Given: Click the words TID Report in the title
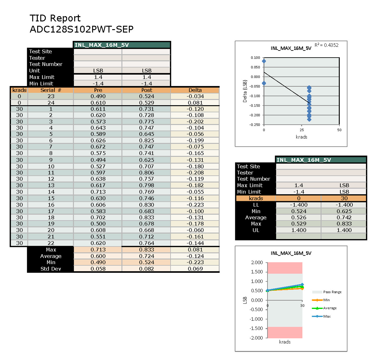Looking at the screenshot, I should pyautogui.click(x=55, y=18).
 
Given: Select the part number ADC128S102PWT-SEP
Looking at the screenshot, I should pyautogui.click(x=82, y=29).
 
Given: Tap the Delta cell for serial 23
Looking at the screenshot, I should pyautogui.click(x=195, y=96).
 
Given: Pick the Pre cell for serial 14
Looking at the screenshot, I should pyautogui.click(x=98, y=192).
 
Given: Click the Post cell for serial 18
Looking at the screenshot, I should pyautogui.click(x=147, y=217).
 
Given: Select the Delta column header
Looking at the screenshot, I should pyautogui.click(x=195, y=90).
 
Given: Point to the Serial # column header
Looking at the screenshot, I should pyautogui.click(x=51, y=90).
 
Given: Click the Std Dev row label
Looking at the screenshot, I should pyautogui.click(x=51, y=269).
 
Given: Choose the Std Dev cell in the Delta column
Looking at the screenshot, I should pyautogui.click(x=195, y=269).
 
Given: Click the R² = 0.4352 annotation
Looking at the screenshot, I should pyautogui.click(x=326, y=45).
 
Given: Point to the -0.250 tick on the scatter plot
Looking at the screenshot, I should pyautogui.click(x=255, y=125).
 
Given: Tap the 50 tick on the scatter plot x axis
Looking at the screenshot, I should pyautogui.click(x=339, y=130).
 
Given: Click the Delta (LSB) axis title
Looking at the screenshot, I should pyautogui.click(x=245, y=91).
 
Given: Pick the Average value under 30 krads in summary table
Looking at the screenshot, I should pyautogui.click(x=344, y=218).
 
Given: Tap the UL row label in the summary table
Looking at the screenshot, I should pyautogui.click(x=256, y=230).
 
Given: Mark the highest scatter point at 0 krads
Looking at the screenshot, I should pyautogui.click(x=264, y=61).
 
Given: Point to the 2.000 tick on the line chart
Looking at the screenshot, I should pyautogui.click(x=257, y=262).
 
